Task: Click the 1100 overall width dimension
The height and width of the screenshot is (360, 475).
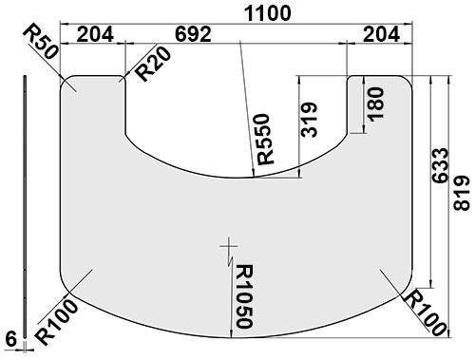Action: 268,13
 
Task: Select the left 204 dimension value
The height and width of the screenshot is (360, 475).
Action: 95,34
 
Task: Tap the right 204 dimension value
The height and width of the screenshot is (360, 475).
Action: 381,34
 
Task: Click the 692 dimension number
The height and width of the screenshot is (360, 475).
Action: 193,34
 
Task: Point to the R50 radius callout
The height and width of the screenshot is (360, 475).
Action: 41,42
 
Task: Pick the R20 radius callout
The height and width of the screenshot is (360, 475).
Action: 153,64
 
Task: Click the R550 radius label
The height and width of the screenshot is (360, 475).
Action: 265,140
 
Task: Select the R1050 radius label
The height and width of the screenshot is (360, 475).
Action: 244,296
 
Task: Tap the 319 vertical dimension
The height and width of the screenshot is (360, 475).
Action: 309,120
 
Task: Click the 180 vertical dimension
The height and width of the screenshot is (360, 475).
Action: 376,104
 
